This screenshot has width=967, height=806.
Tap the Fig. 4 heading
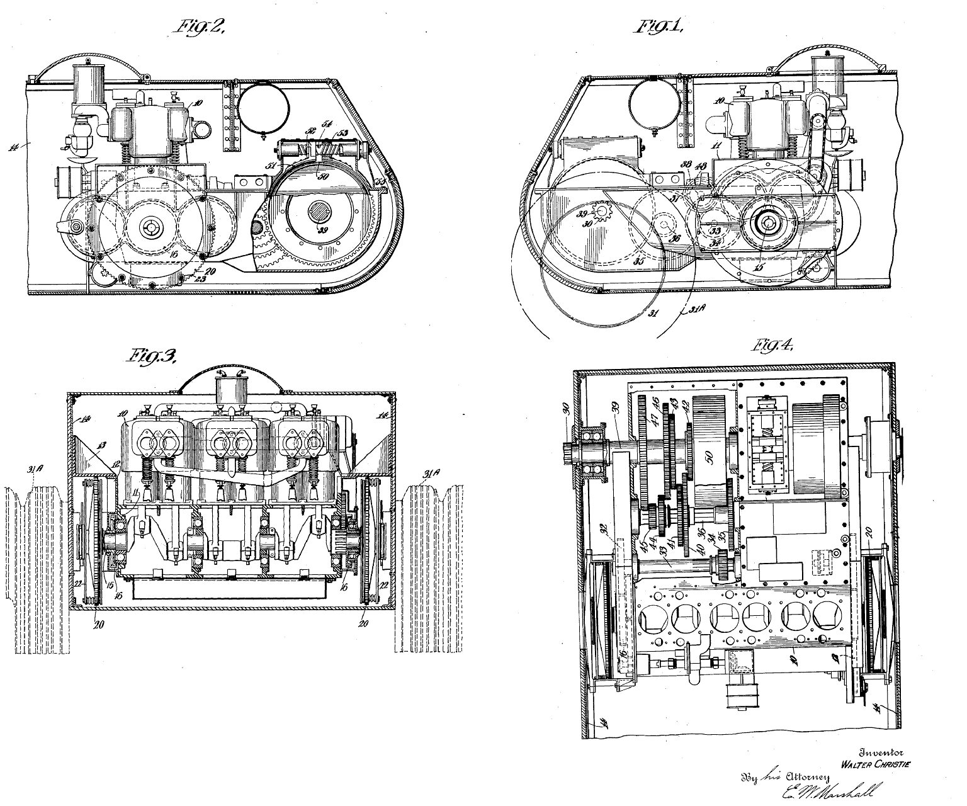(x=772, y=347)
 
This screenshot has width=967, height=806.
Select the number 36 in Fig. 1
(x=675, y=239)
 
